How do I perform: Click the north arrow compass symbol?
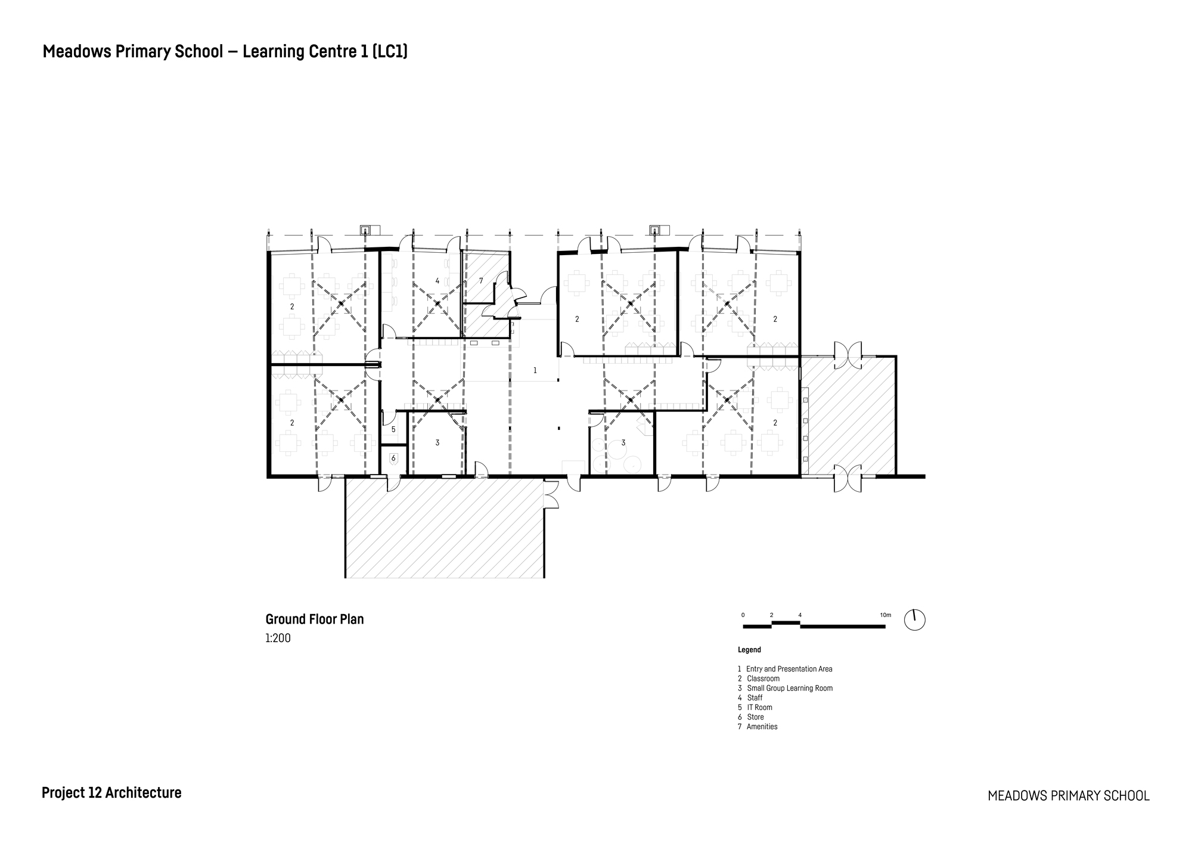point(914,620)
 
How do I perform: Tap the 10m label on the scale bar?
point(885,615)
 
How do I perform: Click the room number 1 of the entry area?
point(535,371)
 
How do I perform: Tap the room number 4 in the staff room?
point(437,281)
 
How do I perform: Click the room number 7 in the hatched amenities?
point(481,281)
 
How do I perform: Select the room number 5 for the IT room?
point(393,429)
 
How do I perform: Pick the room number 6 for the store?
point(393,458)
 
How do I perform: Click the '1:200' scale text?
point(278,639)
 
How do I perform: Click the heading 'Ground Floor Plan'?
point(314,619)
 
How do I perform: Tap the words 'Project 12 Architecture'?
point(111,793)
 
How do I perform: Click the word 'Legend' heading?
point(749,650)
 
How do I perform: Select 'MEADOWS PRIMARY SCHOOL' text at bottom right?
point(1068,796)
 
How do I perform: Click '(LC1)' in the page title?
point(390,52)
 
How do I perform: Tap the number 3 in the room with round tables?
point(623,443)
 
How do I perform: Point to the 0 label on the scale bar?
point(743,615)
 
